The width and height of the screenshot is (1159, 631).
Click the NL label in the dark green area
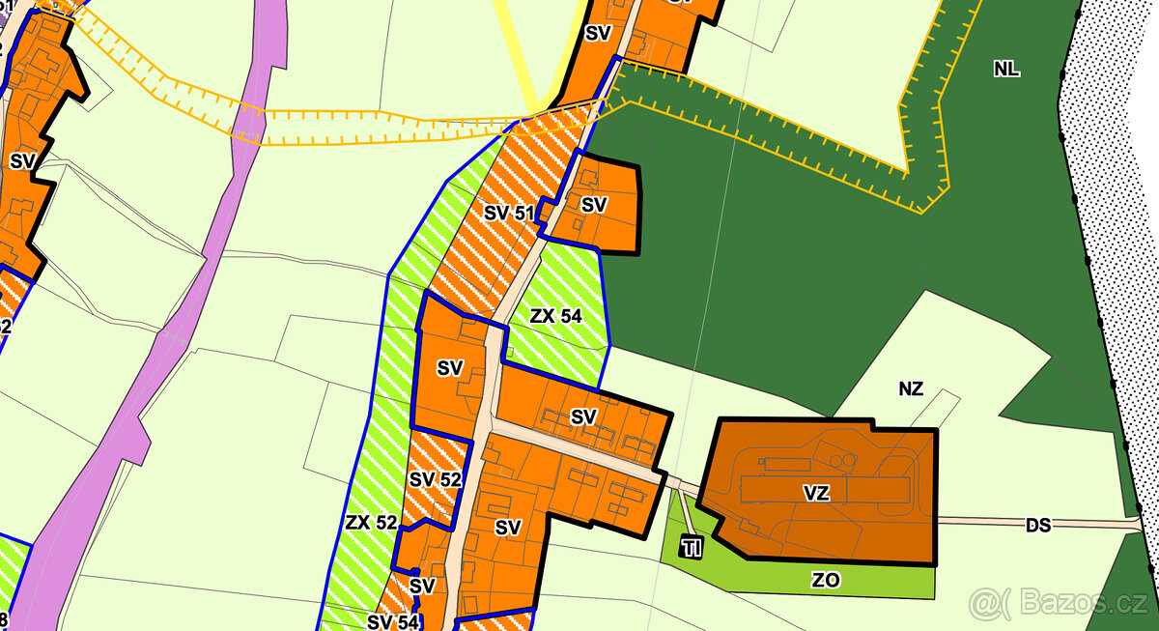[1006, 69]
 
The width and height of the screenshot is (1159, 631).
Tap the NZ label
[911, 389]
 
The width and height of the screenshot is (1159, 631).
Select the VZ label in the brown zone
[816, 493]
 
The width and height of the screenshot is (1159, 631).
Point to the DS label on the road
[1038, 525]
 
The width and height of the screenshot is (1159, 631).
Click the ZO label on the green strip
[827, 580]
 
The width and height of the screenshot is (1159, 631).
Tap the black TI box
[692, 548]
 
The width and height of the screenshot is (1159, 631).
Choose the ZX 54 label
[556, 315]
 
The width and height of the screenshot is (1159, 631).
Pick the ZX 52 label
[371, 523]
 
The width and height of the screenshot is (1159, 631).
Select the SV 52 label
[436, 479]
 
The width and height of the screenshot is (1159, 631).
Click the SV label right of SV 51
[594, 205]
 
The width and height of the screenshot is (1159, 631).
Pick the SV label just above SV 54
[422, 586]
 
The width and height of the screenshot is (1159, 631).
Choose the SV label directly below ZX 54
[583, 416]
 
